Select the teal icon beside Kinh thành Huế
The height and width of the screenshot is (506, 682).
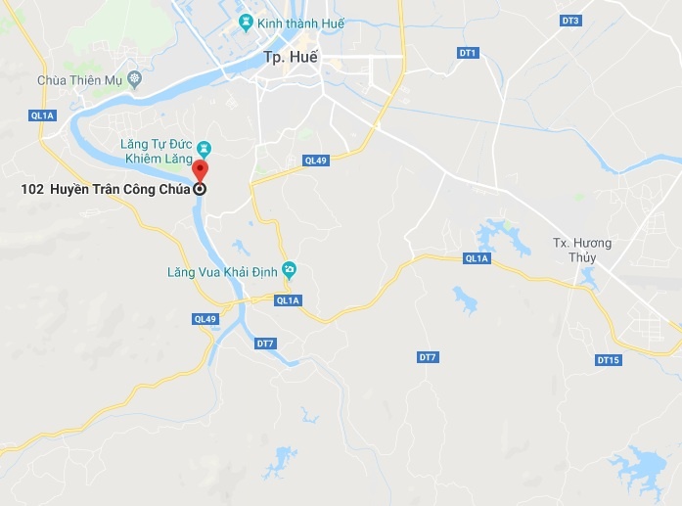[245, 22]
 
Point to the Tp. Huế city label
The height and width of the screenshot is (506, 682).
[289, 58]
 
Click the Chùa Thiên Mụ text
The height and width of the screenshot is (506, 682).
[80, 79]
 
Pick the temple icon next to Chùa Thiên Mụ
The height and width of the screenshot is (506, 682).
[134, 78]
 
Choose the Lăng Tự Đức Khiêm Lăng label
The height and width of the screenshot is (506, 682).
[159, 152]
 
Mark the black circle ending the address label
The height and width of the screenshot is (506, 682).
[200, 188]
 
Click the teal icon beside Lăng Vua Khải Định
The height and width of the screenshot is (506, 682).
[289, 269]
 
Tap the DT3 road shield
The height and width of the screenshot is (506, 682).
[570, 21]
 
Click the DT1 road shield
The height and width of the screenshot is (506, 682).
[467, 52]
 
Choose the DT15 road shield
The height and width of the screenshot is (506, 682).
[608, 360]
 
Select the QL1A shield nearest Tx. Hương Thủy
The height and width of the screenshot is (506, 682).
[477, 258]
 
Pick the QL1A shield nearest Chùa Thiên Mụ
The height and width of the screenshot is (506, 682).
[44, 116]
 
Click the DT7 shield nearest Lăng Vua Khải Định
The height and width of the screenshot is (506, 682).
[265, 344]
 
